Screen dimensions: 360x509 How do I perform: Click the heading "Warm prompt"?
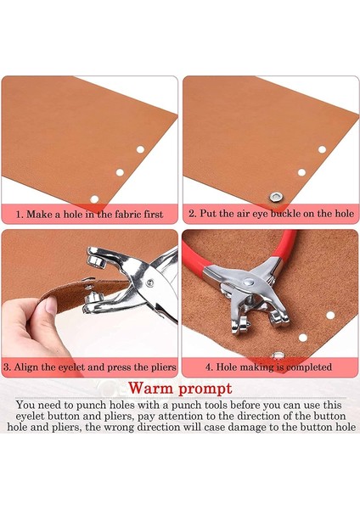click(x=180, y=389)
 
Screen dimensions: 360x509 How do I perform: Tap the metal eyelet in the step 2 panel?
click(x=276, y=196)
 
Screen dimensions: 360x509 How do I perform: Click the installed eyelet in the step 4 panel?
click(x=278, y=355)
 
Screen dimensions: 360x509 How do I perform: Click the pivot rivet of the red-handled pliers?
click(x=248, y=282)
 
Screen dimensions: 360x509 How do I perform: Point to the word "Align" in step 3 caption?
click(x=26, y=367)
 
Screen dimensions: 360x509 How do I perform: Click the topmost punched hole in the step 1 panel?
click(x=140, y=149)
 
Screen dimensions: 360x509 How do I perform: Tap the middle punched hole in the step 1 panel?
click(x=120, y=172)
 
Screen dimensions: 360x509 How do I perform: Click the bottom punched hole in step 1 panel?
click(x=94, y=199)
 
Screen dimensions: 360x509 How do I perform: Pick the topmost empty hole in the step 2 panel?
click(x=322, y=149)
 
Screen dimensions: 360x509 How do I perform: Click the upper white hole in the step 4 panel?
click(x=330, y=315)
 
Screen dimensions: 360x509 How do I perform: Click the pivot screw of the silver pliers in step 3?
click(x=149, y=282)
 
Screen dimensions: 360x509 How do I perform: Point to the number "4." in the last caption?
click(x=209, y=367)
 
